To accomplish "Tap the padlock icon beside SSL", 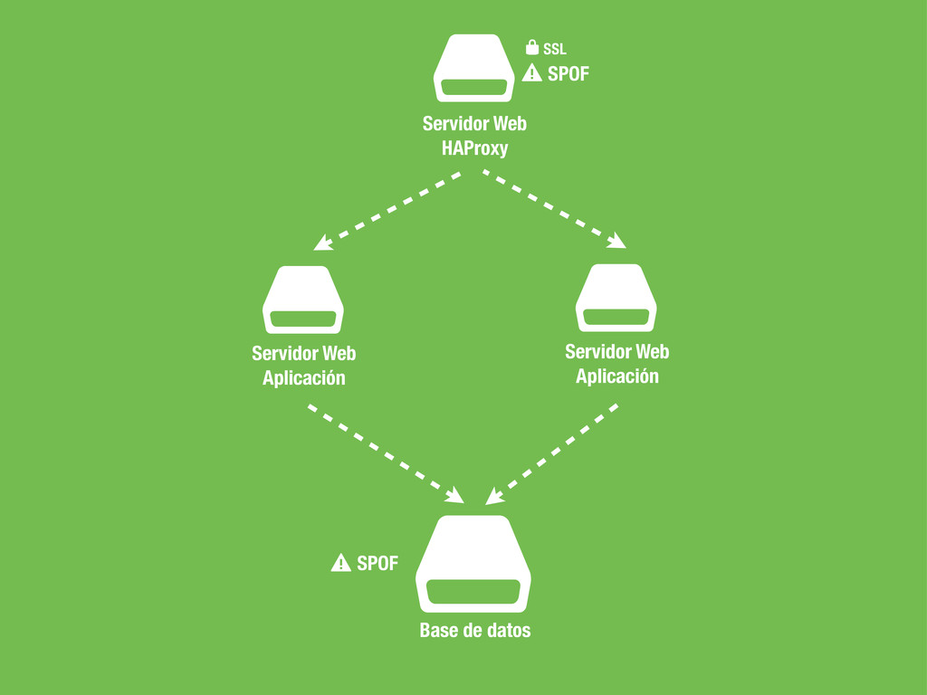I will pos(532,47).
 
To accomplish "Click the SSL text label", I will pos(555,49).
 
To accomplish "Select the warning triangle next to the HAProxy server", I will pos(531,74).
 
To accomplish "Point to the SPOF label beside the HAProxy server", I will pos(569,74).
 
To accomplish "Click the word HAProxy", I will pos(474,148).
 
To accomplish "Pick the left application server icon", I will pos(304,300).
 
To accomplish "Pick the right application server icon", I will pos(616,298).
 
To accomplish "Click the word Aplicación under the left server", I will pos(304,378).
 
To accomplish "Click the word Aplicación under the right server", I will pos(617,376).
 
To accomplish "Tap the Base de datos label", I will pos(475,630).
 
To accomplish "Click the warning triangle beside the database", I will pos(340,563).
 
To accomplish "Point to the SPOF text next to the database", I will pos(377,563).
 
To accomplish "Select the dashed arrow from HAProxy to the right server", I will pos(554,209).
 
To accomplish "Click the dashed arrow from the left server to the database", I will pos(386,453).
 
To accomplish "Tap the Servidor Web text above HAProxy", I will pos(474,123).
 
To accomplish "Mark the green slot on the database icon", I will pos(473,593).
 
